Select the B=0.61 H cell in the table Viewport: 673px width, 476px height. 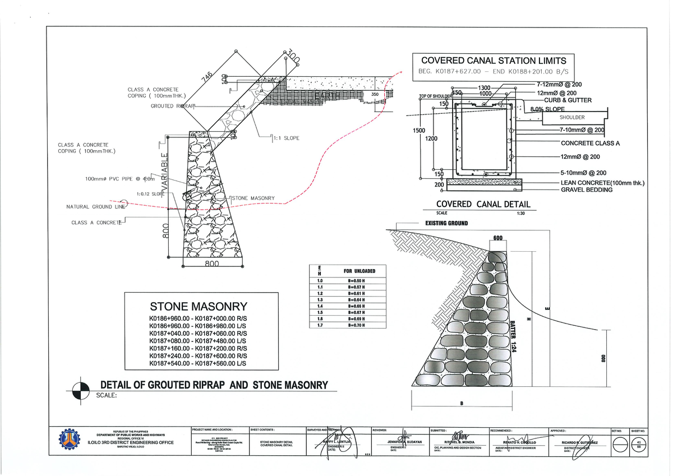[x=356, y=293]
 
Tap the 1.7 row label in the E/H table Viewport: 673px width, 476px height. [x=320, y=325]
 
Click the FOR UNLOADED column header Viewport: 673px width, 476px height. [x=359, y=271]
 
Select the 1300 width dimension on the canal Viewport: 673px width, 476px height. [x=484, y=88]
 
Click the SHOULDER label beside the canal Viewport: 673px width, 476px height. [x=571, y=117]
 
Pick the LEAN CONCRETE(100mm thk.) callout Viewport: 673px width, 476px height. [x=602, y=183]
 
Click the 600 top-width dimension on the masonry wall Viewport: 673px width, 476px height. [x=497, y=239]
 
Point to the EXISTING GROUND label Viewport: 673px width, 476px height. [x=443, y=224]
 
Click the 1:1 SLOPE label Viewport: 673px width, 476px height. [x=286, y=138]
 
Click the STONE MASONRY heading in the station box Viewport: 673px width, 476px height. [x=198, y=307]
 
